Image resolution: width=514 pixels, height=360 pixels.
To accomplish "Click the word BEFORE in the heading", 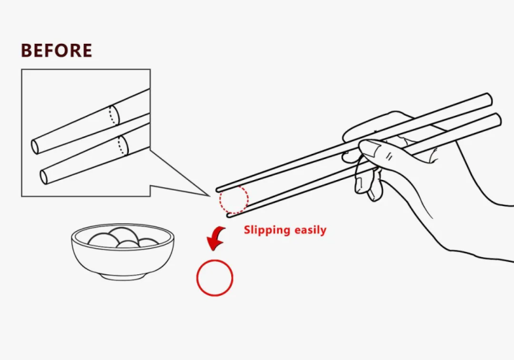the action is [56, 50].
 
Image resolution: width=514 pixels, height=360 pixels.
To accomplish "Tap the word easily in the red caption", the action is [310, 230].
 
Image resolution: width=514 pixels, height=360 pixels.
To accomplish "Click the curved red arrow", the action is [215, 238].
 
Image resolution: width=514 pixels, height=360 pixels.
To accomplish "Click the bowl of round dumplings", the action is [122, 251].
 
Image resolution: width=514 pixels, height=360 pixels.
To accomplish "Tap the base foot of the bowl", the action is [122, 278].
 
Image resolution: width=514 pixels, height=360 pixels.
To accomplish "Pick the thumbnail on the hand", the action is [371, 147].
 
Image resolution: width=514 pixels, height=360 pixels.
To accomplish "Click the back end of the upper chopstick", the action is [488, 99].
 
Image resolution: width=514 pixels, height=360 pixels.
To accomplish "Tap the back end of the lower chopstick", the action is [497, 119].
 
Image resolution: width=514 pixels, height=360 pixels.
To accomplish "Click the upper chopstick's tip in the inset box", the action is [35, 147].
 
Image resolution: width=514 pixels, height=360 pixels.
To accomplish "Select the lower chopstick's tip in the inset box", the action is [44, 177].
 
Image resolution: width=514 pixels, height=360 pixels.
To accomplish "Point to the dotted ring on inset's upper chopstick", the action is [114, 115].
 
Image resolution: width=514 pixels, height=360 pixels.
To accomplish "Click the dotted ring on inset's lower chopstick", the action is [123, 145].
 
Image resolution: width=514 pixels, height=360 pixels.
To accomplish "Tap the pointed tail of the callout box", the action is [210, 196].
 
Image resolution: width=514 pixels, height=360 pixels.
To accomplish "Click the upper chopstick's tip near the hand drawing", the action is [217, 190].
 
